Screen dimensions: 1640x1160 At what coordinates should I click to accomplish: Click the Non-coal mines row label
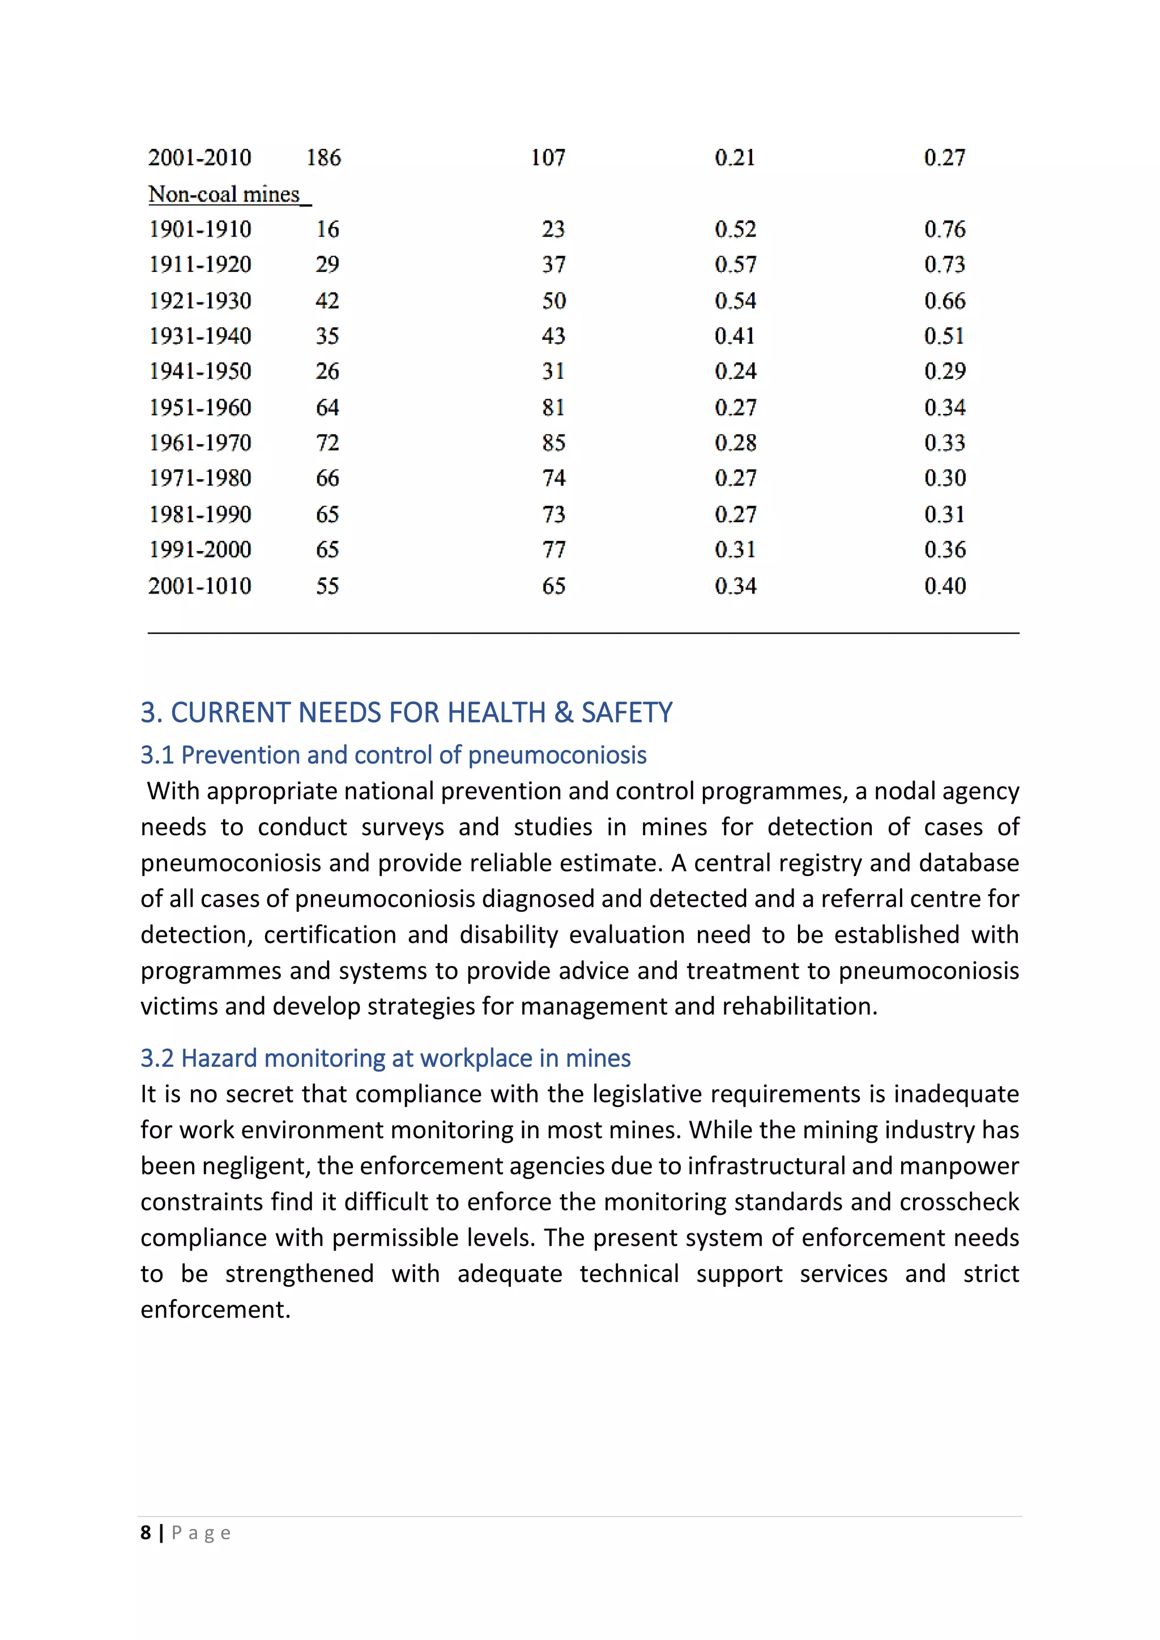tap(224, 194)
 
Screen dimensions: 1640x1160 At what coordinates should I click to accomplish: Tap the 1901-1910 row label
tap(200, 229)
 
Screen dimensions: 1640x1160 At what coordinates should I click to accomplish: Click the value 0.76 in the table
tap(944, 229)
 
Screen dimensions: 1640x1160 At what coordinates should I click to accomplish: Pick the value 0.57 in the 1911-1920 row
tap(735, 265)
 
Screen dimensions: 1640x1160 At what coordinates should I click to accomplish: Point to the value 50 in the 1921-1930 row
tap(553, 301)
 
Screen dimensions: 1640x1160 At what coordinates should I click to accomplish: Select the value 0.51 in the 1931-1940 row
tap(944, 336)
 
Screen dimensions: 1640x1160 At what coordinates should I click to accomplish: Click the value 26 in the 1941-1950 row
tap(327, 371)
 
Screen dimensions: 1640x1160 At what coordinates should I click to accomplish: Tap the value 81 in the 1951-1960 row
tap(553, 408)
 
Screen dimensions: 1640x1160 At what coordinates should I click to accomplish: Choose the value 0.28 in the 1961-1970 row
tap(735, 443)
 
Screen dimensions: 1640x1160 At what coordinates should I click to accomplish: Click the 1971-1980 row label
tap(200, 478)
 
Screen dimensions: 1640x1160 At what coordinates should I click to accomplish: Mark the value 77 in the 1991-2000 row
tap(553, 549)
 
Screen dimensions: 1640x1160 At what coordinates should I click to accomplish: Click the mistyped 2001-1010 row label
tap(200, 586)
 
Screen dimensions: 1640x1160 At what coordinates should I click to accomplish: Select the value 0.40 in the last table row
tap(944, 586)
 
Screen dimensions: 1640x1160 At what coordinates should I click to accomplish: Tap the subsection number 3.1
tap(157, 755)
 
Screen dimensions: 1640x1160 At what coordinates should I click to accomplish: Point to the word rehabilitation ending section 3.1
tap(799, 1006)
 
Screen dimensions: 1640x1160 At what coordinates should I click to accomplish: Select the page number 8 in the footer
tap(146, 1533)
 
